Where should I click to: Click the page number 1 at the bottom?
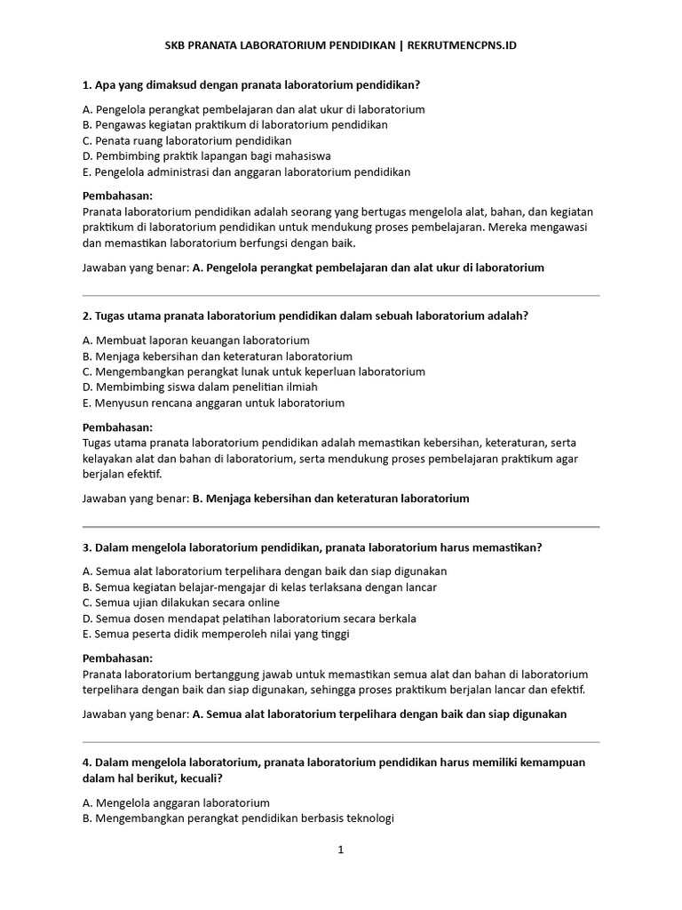(340, 849)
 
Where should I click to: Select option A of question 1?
(253, 109)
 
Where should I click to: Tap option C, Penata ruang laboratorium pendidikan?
(186, 140)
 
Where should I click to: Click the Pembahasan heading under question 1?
(117, 196)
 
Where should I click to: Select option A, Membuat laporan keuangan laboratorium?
(195, 340)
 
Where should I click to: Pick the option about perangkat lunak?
(253, 371)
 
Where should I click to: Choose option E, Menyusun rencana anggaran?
(213, 403)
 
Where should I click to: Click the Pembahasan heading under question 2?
(117, 427)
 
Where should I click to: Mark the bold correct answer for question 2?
(330, 499)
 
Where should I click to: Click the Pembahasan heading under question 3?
(117, 659)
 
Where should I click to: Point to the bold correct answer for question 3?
(379, 714)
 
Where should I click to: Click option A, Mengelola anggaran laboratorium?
(176, 802)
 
